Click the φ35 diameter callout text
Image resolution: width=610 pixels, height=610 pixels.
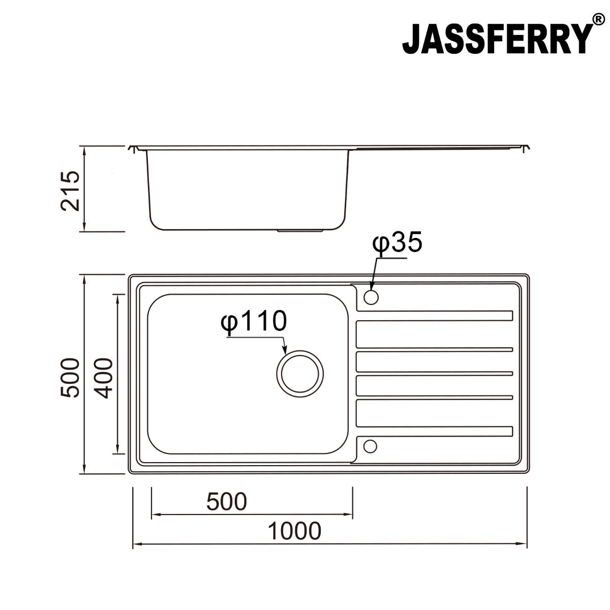pyautogui.click(x=397, y=243)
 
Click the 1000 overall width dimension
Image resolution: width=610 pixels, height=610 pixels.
pyautogui.click(x=294, y=531)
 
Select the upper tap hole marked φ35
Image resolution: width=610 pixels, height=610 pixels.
pyautogui.click(x=371, y=296)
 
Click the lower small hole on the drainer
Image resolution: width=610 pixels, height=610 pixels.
pyautogui.click(x=371, y=446)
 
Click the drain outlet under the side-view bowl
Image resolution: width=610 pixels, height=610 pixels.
pyautogui.click(x=300, y=231)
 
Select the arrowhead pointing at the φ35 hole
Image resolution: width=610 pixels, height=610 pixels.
pyautogui.click(x=372, y=288)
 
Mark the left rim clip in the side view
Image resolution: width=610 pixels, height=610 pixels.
pyautogui.click(x=135, y=149)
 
